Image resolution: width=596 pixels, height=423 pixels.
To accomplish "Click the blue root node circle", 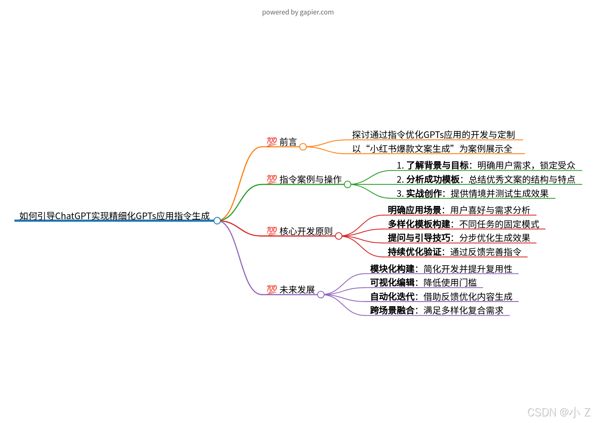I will pyautogui.click(x=217, y=221).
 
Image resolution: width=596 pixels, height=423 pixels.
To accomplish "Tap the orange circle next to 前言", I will pyautogui.click(x=303, y=147).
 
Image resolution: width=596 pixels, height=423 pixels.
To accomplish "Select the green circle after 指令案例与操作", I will pyautogui.click(x=348, y=184).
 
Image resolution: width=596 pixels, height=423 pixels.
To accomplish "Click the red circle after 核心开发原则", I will pyautogui.click(x=339, y=236).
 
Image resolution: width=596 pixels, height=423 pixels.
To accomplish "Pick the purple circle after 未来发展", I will pyautogui.click(x=321, y=295).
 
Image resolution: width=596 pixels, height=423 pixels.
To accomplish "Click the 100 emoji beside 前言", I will pyautogui.click(x=272, y=142).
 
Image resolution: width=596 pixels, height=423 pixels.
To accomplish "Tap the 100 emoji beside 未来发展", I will pyautogui.click(x=272, y=289).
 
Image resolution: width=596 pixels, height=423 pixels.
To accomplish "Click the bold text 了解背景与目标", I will pyautogui.click(x=437, y=166).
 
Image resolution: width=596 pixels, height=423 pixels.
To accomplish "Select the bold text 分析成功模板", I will pyautogui.click(x=433, y=179).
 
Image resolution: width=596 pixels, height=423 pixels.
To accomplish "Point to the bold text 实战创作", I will pyautogui.click(x=424, y=193).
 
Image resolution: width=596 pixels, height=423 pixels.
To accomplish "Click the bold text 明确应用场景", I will pyautogui.click(x=414, y=210).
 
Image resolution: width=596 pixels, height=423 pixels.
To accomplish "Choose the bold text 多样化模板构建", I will pyautogui.click(x=419, y=224).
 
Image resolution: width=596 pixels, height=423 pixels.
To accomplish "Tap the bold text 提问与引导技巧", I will pyautogui.click(x=419, y=238).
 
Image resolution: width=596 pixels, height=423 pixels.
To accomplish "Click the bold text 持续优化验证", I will pyautogui.click(x=414, y=252).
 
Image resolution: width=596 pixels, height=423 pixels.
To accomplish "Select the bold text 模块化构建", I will pyautogui.click(x=392, y=269).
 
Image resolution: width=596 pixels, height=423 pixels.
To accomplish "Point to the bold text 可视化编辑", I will pyautogui.click(x=392, y=283).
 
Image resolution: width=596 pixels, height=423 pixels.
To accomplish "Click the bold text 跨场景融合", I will pyautogui.click(x=392, y=310).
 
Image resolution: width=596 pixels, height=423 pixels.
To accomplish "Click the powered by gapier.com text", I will pyautogui.click(x=298, y=12).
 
